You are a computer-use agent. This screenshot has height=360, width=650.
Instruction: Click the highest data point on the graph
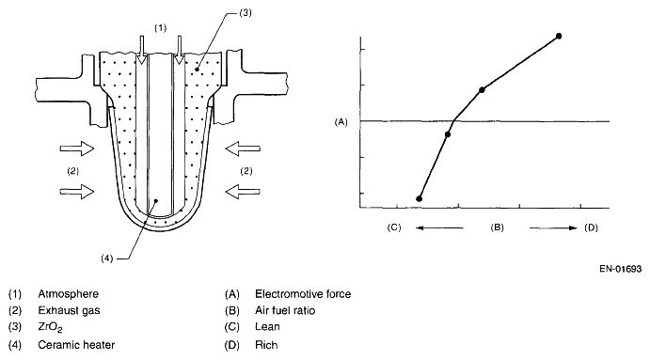(x=559, y=36)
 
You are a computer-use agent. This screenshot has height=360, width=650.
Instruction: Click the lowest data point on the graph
(x=420, y=199)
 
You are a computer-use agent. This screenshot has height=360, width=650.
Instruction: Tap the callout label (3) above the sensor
(x=246, y=13)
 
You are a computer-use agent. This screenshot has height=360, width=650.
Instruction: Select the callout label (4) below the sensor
(x=107, y=258)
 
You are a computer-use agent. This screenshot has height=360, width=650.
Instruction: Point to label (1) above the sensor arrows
(x=161, y=28)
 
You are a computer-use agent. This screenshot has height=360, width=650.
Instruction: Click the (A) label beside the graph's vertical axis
(x=341, y=122)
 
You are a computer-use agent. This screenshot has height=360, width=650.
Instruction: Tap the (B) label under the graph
(x=497, y=227)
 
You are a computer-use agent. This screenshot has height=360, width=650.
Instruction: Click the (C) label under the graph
(x=394, y=227)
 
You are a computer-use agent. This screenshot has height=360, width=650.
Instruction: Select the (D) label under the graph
(x=591, y=227)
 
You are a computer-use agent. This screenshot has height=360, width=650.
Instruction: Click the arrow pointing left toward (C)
(x=439, y=227)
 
